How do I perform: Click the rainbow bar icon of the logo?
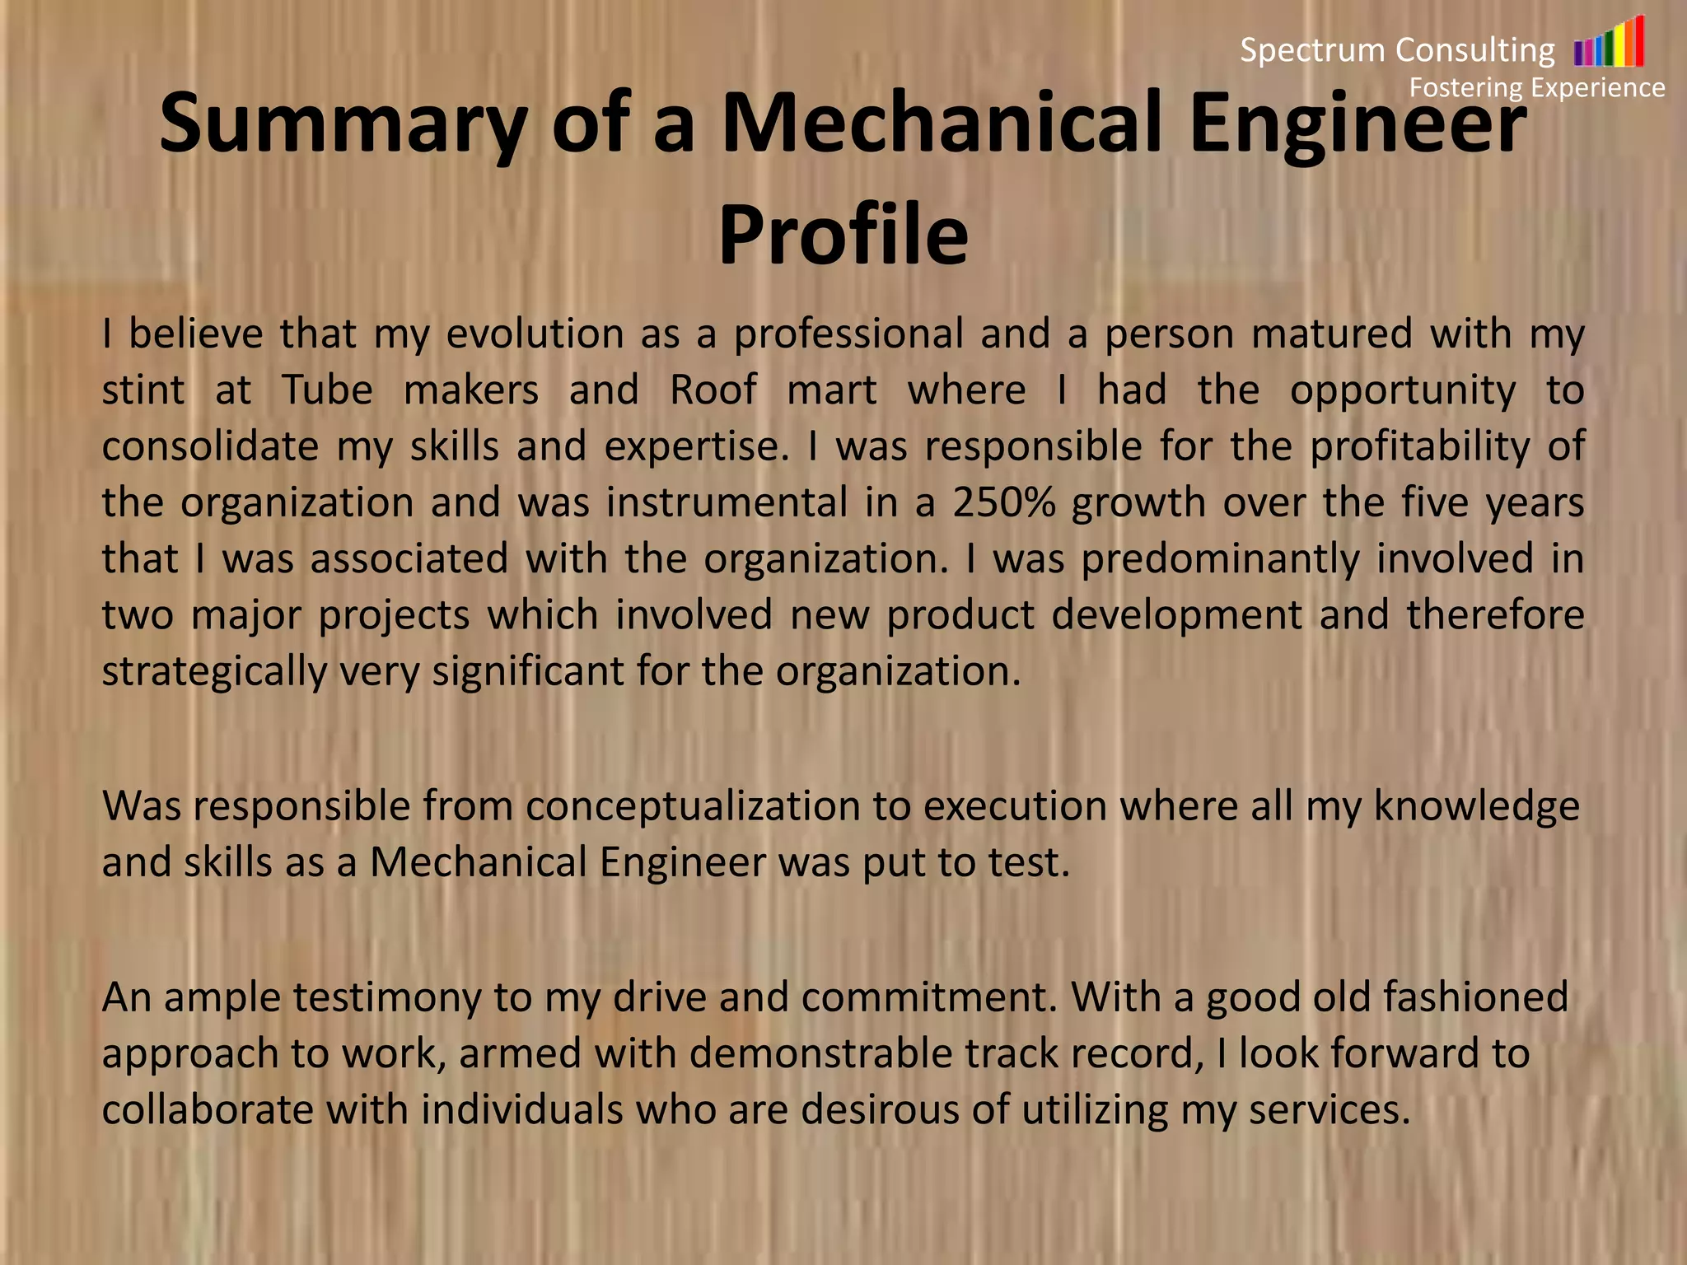point(1609,43)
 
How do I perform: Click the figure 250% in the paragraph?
point(1003,502)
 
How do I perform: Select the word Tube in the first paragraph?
point(327,390)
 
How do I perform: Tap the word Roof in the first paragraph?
point(713,390)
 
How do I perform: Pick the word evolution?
point(535,334)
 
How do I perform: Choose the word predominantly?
point(1220,558)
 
